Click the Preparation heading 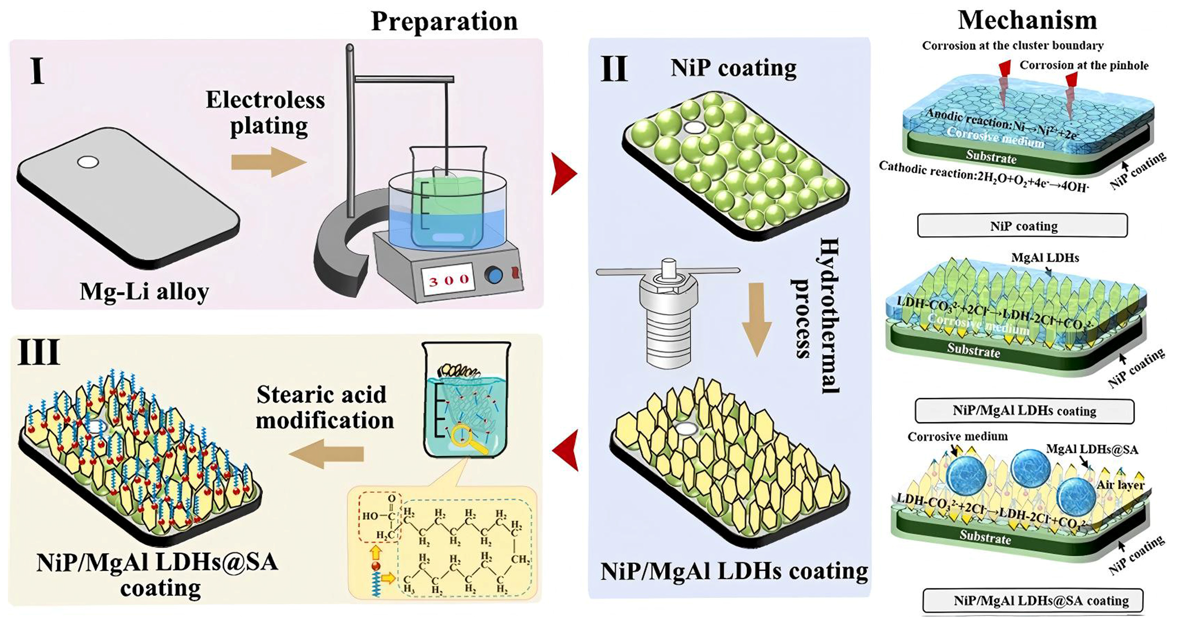point(444,21)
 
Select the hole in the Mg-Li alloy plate point(88,162)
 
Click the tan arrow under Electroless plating point(268,162)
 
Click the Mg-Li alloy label point(144,292)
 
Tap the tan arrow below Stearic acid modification point(327,453)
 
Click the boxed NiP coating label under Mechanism point(1022,226)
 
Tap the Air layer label point(1120,485)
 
